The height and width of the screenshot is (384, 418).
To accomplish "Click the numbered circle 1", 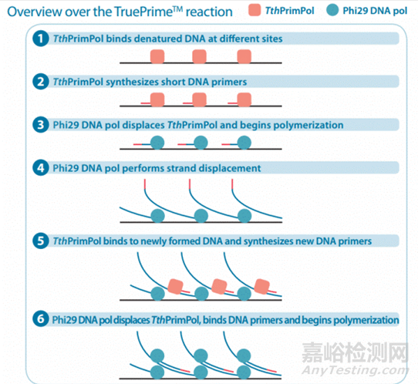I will coord(37,38).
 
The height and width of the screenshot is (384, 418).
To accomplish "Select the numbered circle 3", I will coord(37,123).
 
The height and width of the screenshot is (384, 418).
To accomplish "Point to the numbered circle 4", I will coord(37,167).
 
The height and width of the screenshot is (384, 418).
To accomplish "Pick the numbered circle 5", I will coord(37,241).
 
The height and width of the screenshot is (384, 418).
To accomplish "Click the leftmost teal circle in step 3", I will coord(157,142).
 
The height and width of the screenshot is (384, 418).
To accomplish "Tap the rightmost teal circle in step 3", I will coord(245,142).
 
